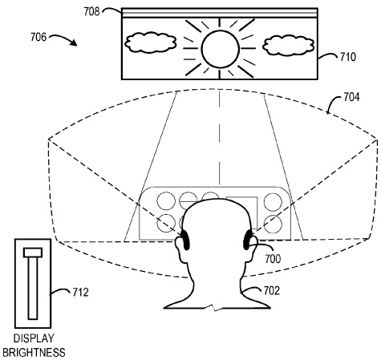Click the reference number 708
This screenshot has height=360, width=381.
[x=91, y=11]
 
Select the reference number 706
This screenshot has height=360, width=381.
[x=39, y=37]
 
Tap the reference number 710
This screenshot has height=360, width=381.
[x=348, y=57]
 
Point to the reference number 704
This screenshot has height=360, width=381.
[x=351, y=97]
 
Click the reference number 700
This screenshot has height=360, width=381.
[x=273, y=259]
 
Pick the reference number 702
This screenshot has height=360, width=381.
[x=272, y=290]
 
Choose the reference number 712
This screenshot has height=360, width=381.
[x=81, y=293]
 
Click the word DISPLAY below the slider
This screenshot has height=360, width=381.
[x=34, y=338]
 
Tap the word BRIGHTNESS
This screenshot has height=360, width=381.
[x=34, y=353]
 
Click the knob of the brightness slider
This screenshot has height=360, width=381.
[x=33, y=253]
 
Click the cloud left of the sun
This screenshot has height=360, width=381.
[x=151, y=42]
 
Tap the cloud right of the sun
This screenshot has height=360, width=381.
[x=288, y=46]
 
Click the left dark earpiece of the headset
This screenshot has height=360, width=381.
[x=185, y=240]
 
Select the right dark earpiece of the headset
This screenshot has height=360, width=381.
[x=247, y=240]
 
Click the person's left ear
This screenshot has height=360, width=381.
[x=180, y=250]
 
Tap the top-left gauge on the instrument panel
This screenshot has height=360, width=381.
[x=166, y=201]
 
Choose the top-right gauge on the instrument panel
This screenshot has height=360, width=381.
[x=273, y=201]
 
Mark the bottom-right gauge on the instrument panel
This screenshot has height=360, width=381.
[x=273, y=224]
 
